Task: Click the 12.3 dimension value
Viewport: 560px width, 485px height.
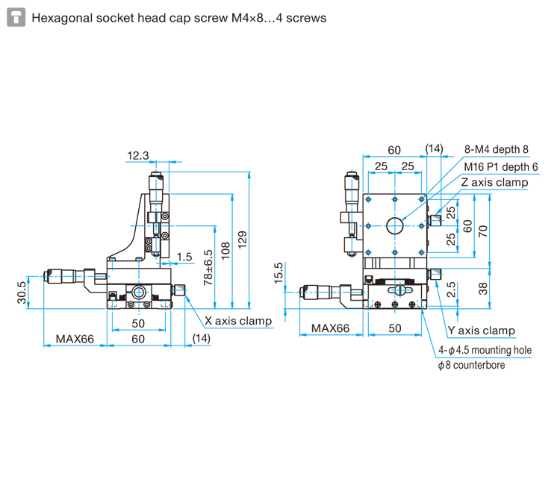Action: [138, 156]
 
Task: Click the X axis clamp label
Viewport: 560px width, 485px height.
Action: [237, 322]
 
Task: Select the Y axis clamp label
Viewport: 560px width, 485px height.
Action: [481, 331]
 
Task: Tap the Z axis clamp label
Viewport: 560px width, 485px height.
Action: [494, 182]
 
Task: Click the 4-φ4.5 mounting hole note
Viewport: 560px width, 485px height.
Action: [484, 349]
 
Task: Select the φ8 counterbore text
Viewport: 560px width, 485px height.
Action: [471, 365]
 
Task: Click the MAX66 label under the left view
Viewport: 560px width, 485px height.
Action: [75, 339]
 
